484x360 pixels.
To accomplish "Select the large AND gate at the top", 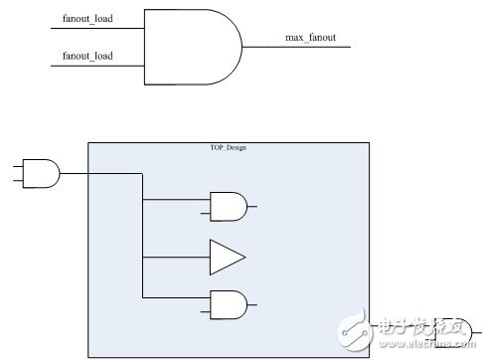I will point(191,48).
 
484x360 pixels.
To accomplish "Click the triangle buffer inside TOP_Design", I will point(225,258).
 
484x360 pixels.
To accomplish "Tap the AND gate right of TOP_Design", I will point(459,332).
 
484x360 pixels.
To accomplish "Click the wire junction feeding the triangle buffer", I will point(144,258).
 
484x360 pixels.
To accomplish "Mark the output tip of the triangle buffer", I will point(244,258).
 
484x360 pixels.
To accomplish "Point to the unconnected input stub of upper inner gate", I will point(205,214).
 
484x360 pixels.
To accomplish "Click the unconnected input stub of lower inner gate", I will point(205,312).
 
